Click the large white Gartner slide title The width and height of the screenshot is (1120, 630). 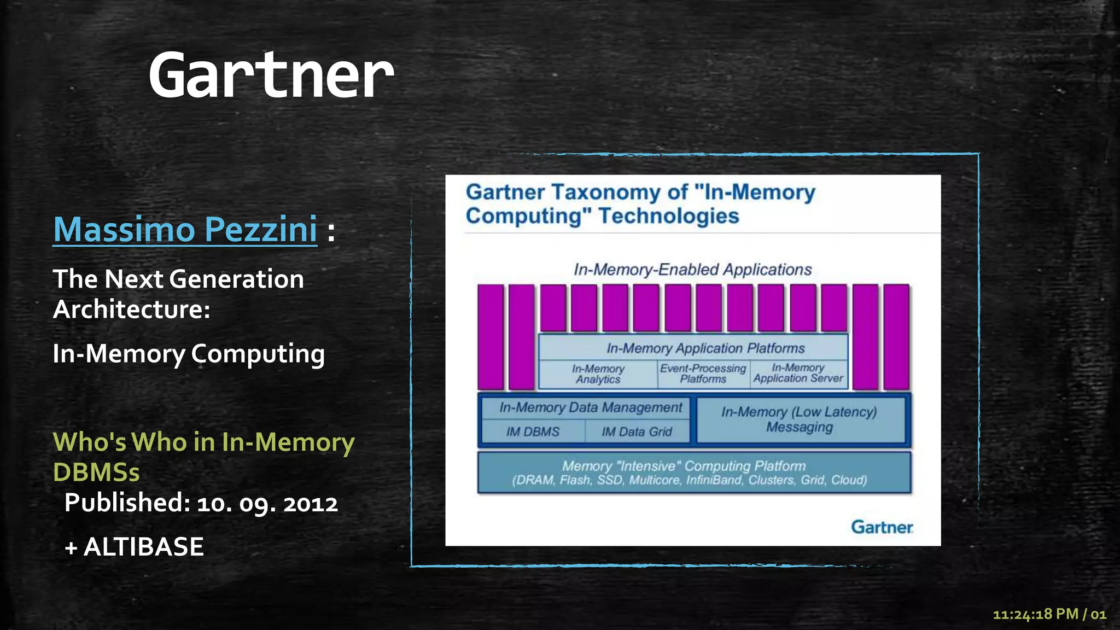(x=271, y=75)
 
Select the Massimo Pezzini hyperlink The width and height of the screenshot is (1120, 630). (x=185, y=229)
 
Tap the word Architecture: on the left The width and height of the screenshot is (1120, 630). (x=131, y=310)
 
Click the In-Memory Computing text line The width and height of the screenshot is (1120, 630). (x=189, y=354)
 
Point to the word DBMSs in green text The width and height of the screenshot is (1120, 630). (x=96, y=472)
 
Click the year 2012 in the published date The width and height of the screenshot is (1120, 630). (x=311, y=503)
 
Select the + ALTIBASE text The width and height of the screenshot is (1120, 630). (x=134, y=547)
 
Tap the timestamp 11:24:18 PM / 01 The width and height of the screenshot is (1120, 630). (x=1049, y=614)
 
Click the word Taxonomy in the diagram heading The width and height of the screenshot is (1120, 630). (x=619, y=192)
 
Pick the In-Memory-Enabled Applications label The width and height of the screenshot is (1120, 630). (x=692, y=270)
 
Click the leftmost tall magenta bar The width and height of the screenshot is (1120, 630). (x=491, y=336)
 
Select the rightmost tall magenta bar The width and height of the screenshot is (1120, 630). (x=896, y=336)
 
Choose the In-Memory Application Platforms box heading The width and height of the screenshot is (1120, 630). (x=705, y=348)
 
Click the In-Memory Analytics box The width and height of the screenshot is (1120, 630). (x=598, y=375)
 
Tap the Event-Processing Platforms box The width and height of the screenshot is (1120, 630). (x=703, y=374)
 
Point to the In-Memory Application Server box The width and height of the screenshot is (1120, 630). (x=798, y=374)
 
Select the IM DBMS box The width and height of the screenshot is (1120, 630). (x=533, y=432)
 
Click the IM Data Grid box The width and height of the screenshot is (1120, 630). (x=637, y=432)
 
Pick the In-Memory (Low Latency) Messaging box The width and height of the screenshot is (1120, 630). (x=799, y=419)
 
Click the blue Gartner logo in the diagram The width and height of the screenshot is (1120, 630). (x=882, y=527)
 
